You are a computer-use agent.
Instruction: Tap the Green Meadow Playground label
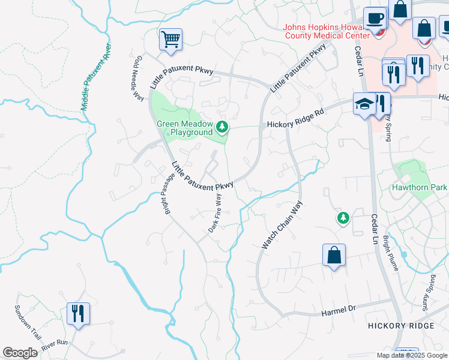(184, 128)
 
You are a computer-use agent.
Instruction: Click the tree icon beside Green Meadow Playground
(223, 126)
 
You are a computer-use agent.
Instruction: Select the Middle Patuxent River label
(97, 76)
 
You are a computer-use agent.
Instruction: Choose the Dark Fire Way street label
(215, 212)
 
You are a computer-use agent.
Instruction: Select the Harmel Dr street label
(339, 311)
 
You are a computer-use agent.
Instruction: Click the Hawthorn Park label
(420, 187)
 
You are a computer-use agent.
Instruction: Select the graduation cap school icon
(364, 104)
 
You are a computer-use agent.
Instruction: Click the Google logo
(20, 353)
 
